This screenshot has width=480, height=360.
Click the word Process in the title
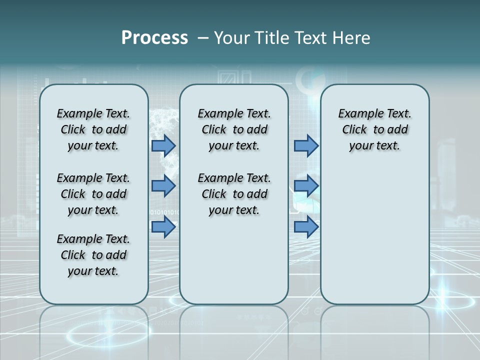[154, 37]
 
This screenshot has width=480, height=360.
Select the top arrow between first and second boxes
[163, 146]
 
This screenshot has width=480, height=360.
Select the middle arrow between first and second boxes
[163, 186]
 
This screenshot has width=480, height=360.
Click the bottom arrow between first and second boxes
[163, 227]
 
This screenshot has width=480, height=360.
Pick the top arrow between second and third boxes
[306, 146]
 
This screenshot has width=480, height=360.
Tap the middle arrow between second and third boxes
[306, 186]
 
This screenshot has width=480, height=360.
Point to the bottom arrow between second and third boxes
[306, 227]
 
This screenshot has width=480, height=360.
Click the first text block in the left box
[93, 129]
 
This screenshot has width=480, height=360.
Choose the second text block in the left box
[93, 194]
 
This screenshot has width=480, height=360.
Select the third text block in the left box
[93, 255]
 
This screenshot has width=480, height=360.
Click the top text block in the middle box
[234, 129]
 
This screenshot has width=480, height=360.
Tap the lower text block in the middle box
[234, 194]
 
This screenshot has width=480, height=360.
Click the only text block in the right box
[374, 129]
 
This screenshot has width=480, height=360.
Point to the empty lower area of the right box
[374, 230]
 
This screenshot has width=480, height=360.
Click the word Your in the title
[231, 37]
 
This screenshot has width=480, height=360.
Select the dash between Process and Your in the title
[203, 37]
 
